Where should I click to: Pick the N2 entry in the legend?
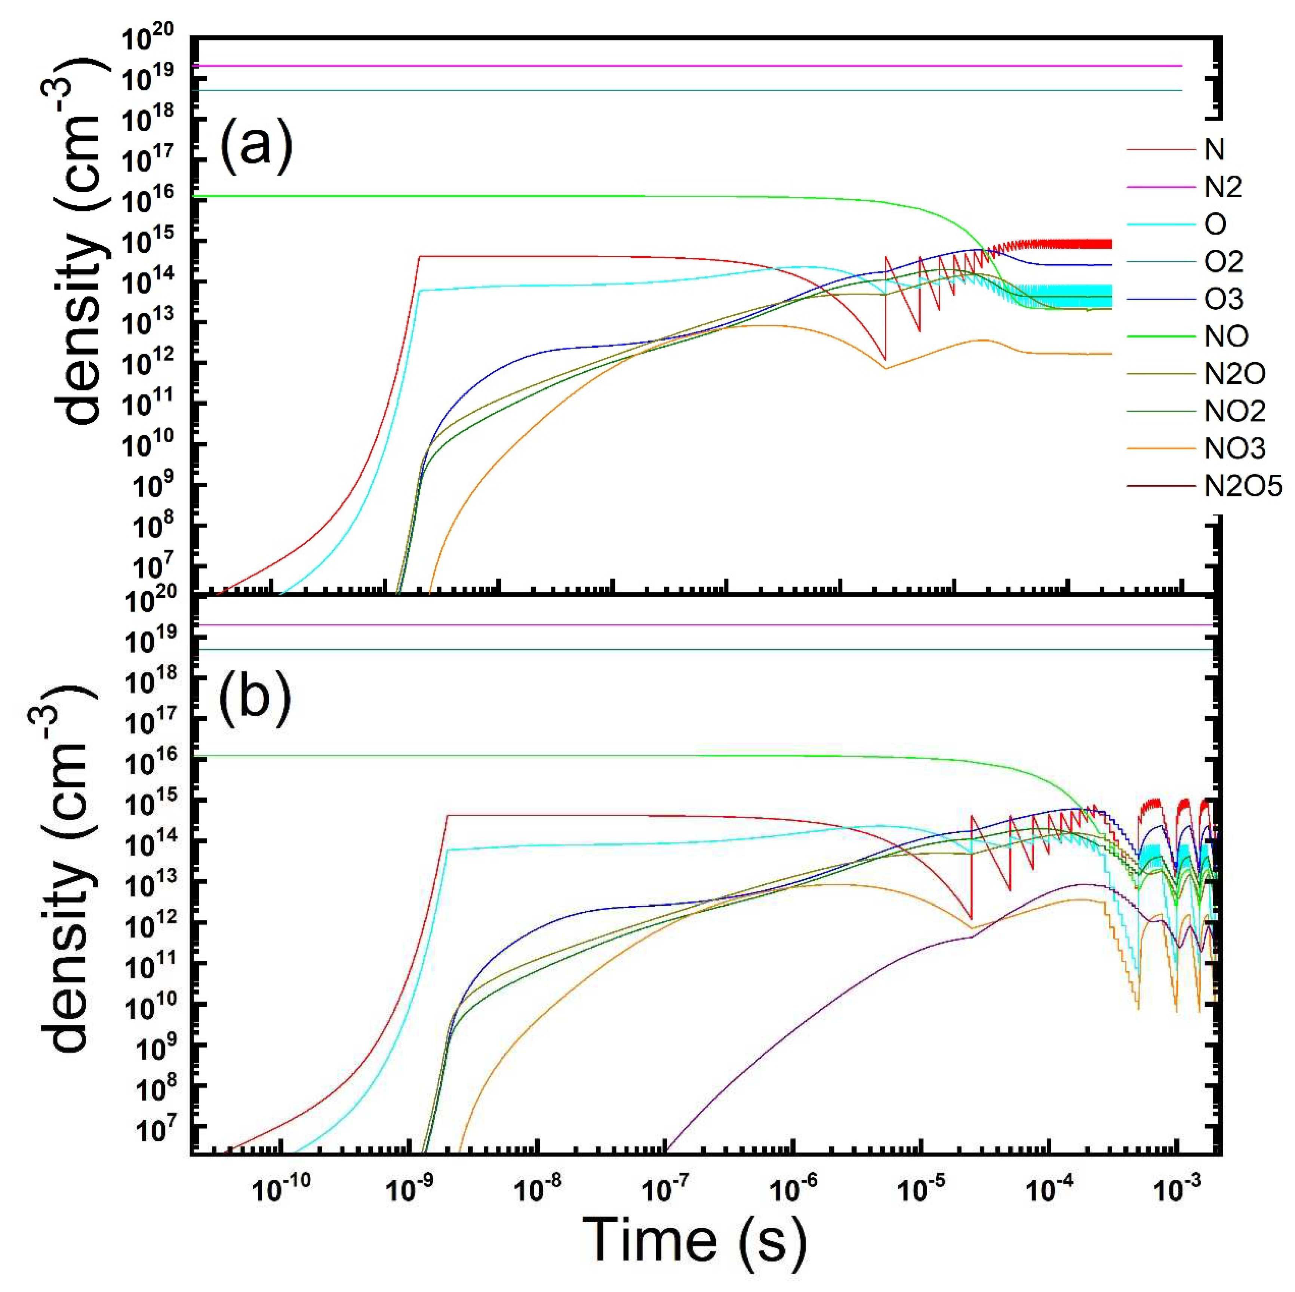click(1222, 187)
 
